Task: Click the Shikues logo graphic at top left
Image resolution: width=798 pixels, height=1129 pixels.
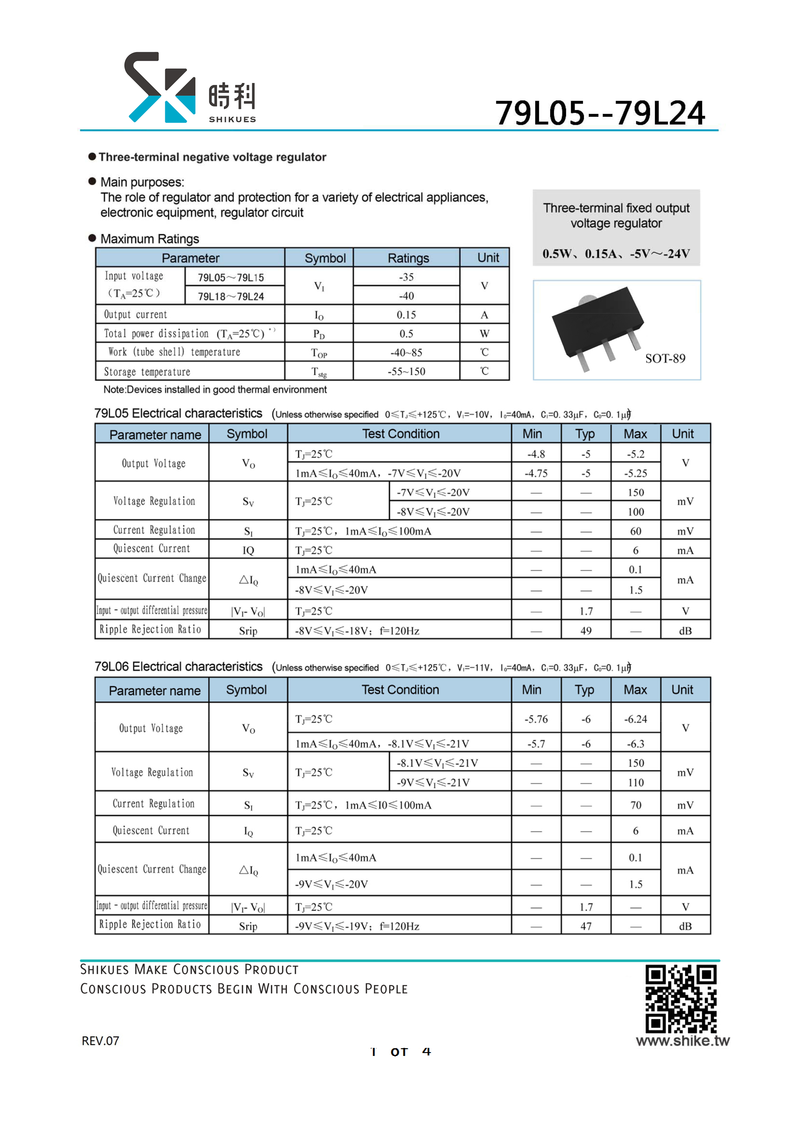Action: point(160,87)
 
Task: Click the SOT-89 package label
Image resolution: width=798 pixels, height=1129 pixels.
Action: point(665,359)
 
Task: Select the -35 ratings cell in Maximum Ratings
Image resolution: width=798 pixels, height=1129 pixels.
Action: point(406,277)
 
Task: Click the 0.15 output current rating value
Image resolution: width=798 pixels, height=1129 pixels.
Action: point(406,315)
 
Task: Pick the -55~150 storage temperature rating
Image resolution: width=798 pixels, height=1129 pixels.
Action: point(406,371)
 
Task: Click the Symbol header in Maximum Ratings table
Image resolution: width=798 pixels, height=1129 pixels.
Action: point(325,258)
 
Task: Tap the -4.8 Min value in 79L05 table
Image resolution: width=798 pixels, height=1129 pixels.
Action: point(536,454)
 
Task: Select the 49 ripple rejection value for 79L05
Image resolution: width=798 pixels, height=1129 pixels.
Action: point(586,630)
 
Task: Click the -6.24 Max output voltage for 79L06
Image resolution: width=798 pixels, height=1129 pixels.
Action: point(635,719)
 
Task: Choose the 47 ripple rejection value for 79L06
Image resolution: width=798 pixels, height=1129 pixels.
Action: point(586,926)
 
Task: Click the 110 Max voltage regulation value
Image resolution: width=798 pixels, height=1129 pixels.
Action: point(635,782)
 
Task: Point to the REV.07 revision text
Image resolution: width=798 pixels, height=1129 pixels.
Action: point(100,1040)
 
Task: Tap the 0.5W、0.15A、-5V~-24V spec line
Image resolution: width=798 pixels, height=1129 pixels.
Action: point(616,254)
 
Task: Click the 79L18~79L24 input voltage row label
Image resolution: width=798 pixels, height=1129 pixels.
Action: point(231,296)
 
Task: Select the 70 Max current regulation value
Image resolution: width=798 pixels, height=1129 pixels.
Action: point(635,805)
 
